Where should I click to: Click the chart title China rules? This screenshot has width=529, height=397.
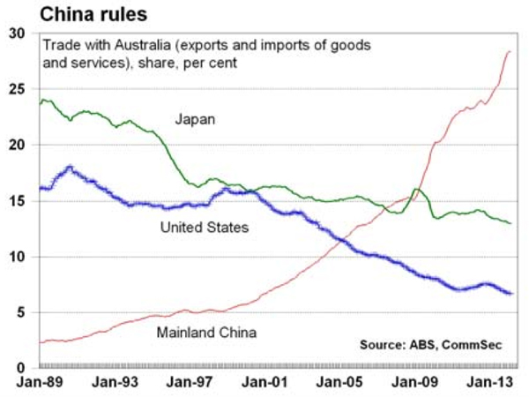click(60, 13)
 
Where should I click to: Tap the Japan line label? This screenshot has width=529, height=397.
click(195, 117)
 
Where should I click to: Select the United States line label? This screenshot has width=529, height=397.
click(205, 228)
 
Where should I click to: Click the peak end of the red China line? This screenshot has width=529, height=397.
click(510, 52)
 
